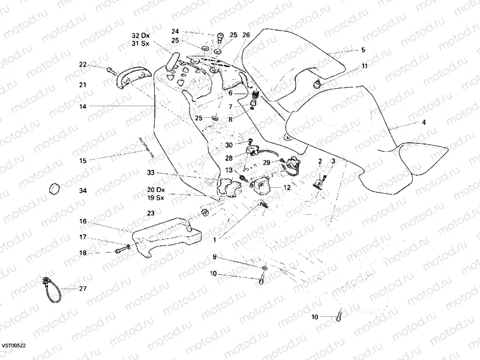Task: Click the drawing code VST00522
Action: [x=13, y=346]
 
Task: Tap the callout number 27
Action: [x=83, y=289]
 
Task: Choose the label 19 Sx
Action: [x=155, y=197]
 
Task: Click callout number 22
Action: [x=83, y=64]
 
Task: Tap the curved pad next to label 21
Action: [x=127, y=77]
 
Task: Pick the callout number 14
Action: [x=83, y=106]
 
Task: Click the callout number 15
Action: [x=83, y=160]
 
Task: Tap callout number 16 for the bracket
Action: [x=83, y=221]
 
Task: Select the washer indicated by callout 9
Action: [x=264, y=266]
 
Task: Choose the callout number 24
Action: [x=175, y=31]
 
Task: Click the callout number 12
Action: [x=287, y=188]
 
